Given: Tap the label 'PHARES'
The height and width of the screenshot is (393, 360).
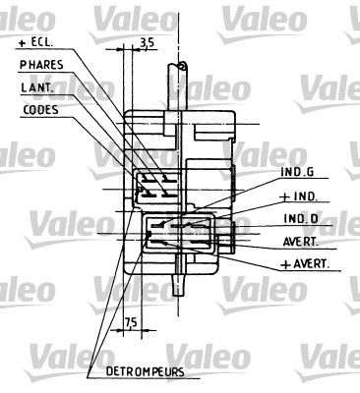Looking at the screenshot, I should point(42,66).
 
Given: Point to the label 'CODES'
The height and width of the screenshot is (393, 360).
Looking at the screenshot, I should point(40,109).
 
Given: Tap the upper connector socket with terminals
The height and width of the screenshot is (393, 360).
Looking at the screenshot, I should point(155,185).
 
